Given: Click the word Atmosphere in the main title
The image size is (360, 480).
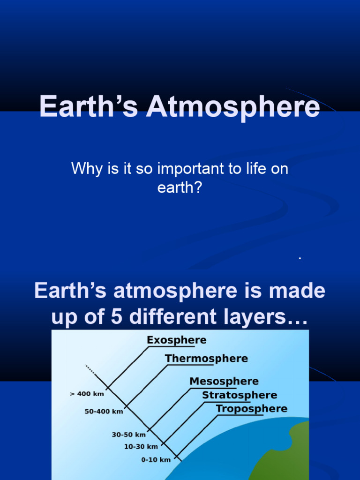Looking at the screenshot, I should tap(233, 107).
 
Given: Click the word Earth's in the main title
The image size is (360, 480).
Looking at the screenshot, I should tap(89, 107).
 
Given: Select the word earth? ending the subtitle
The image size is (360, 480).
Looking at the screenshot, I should tap(180, 187).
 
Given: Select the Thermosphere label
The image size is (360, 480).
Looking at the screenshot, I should tap(206, 359).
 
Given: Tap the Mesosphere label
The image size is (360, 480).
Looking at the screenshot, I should tap(224, 382).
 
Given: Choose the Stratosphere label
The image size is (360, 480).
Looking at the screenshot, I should tap(240, 396).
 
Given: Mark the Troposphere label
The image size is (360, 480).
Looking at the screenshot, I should tap(252, 409).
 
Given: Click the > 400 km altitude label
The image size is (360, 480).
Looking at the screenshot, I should tap(87, 394).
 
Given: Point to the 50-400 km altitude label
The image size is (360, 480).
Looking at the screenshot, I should tap(104, 412).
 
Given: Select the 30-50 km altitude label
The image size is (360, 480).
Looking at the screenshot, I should tap(129, 435).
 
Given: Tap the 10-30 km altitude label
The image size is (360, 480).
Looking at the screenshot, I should tap(141, 447).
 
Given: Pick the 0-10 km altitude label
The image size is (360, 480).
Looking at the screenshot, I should tap(156, 460).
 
